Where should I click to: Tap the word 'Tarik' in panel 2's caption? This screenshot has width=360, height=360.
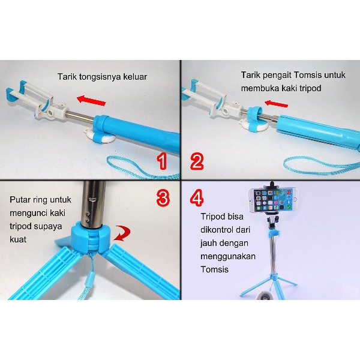(251, 75)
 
